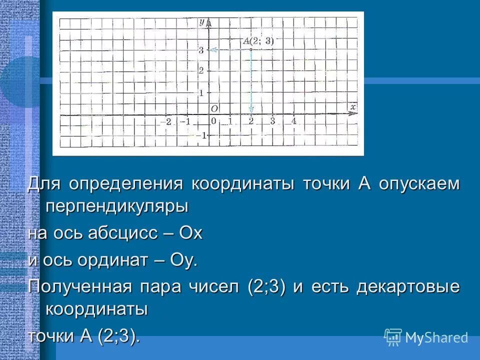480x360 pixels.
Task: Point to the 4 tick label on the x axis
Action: [294, 121]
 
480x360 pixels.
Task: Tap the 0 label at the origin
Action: [213, 121]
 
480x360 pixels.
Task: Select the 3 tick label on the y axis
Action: [200, 49]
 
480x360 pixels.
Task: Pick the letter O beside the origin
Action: [214, 108]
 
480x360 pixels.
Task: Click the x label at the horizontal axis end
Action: [352, 106]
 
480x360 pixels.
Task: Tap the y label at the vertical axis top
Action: [201, 21]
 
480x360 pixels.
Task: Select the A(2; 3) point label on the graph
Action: [258, 41]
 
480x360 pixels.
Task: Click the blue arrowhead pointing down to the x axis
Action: [251, 109]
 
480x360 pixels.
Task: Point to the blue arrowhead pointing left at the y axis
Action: [212, 49]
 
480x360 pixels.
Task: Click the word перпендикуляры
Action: [116, 206]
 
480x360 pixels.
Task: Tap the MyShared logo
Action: [426, 337]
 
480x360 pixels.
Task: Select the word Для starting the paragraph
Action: [44, 183]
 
